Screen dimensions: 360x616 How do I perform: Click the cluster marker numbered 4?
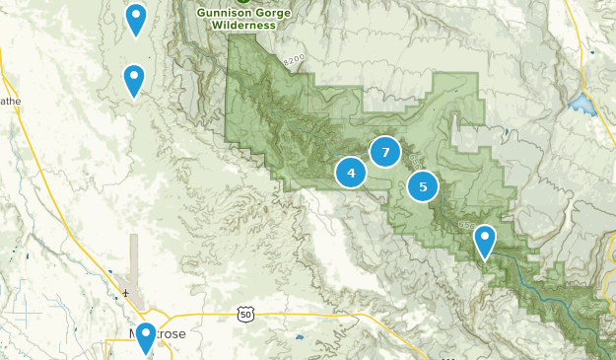(351, 173)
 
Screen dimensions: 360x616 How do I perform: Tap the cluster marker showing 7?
(385, 152)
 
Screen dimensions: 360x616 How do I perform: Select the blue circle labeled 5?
(423, 185)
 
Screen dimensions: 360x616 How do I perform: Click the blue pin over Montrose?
(146, 337)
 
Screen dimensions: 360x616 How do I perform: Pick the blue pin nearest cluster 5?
(484, 241)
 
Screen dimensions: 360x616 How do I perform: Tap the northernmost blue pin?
(136, 19)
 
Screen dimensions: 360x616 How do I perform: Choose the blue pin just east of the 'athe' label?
(133, 80)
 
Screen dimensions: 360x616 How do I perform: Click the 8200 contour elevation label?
(294, 60)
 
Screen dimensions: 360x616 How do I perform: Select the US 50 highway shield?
(244, 314)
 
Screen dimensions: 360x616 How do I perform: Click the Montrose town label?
(158, 334)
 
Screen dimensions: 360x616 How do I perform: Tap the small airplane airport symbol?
(125, 292)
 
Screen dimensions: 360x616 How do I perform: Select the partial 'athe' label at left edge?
(9, 101)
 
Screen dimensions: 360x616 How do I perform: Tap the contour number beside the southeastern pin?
(466, 226)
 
